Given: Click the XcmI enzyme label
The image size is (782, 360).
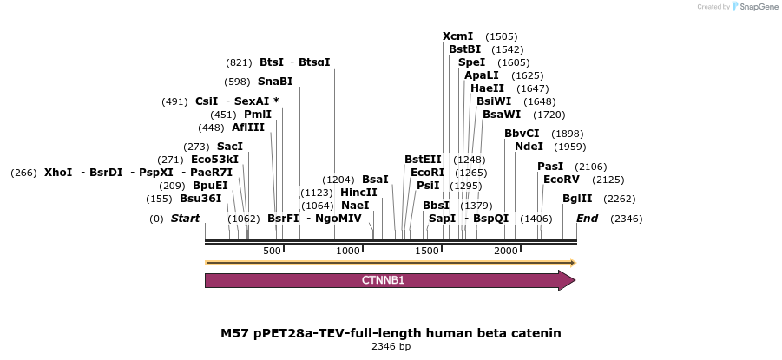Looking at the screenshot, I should pos(458,36).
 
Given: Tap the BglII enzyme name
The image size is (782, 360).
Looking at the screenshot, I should pos(577,199).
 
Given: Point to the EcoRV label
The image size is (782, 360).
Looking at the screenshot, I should pos(561,180).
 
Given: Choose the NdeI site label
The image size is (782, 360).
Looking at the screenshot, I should pos(529,147).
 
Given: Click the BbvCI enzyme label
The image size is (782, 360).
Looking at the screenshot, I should pos(522,134).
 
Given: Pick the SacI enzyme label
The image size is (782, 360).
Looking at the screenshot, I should pos(230,147).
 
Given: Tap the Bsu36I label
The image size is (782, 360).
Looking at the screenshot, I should pos(200,199).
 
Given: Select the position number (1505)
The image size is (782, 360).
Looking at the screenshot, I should pos(502,36).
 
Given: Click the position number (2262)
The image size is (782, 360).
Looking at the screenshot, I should pos(620,199).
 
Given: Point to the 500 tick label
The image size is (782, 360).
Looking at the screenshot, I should pos(272,251).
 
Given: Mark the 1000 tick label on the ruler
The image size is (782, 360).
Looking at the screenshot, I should pos(348,251).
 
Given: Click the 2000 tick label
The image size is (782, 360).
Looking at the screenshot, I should pos(506,251).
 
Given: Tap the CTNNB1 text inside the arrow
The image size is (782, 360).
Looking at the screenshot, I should pos(383,281).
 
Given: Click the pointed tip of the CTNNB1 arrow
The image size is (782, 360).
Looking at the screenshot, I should pos(574,280).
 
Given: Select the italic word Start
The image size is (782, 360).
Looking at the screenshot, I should pos(185,219).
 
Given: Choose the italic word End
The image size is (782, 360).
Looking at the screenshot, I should pos(587,219).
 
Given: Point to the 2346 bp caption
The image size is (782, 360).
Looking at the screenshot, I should pos(391,347).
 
